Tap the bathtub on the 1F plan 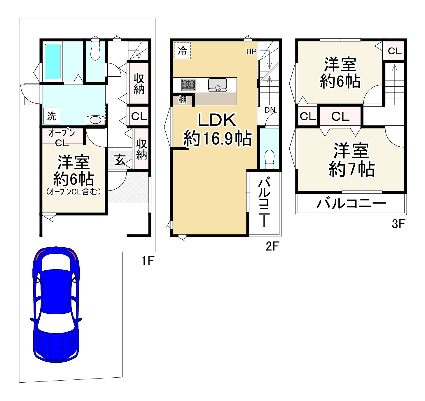(x=53, y=62)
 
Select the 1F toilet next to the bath (x=95, y=49)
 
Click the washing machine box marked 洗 (x=52, y=116)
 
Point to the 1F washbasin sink (x=95, y=120)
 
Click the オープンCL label (x=62, y=137)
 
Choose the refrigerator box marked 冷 (x=182, y=51)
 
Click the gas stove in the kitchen (x=188, y=85)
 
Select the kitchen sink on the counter (x=218, y=85)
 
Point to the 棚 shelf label (x=182, y=100)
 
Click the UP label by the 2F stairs (x=251, y=52)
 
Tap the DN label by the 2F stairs (x=270, y=110)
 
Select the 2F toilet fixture (x=270, y=160)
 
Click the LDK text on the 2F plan (x=217, y=120)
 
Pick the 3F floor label (x=398, y=224)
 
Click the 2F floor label (x=272, y=246)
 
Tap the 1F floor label (x=148, y=261)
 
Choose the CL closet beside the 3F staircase (x=395, y=51)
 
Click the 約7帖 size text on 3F (x=351, y=169)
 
